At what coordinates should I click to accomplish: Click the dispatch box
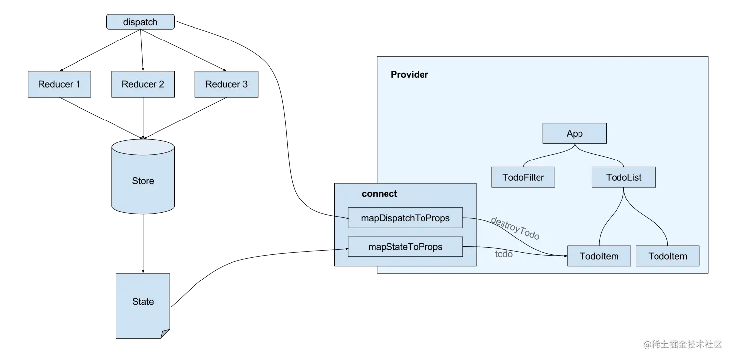[141, 22]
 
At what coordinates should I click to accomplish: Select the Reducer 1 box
[59, 84]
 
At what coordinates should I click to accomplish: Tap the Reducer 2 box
[143, 84]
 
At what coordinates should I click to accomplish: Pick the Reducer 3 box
[227, 84]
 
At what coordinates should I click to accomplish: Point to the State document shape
[143, 302]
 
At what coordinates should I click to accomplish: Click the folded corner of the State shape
[165, 334]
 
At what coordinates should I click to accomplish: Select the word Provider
[409, 75]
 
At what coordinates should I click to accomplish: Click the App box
[575, 134]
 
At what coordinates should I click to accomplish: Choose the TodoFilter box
[523, 177]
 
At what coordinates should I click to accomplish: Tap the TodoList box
[623, 177]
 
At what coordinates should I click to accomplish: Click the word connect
[379, 194]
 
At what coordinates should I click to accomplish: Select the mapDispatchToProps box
[405, 218]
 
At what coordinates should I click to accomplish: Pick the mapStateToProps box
[405, 247]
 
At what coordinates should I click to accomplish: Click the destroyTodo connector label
[515, 228]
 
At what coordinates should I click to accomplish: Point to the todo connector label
[503, 254]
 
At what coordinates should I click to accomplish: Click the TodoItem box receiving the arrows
[599, 256]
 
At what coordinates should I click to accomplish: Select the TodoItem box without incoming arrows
[667, 256]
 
